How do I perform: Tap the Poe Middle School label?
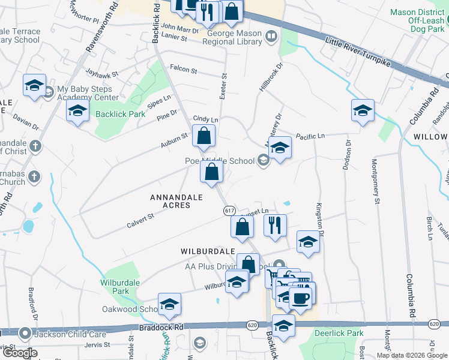tap(219, 160)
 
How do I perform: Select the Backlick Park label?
tap(119, 114)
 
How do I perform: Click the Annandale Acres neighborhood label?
tap(170, 201)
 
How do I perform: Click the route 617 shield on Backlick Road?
tap(229, 211)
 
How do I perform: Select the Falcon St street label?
tap(184, 70)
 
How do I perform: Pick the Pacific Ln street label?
tap(309, 137)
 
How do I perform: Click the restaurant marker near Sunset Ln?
tap(275, 226)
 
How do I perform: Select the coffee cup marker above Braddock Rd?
tap(300, 297)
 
